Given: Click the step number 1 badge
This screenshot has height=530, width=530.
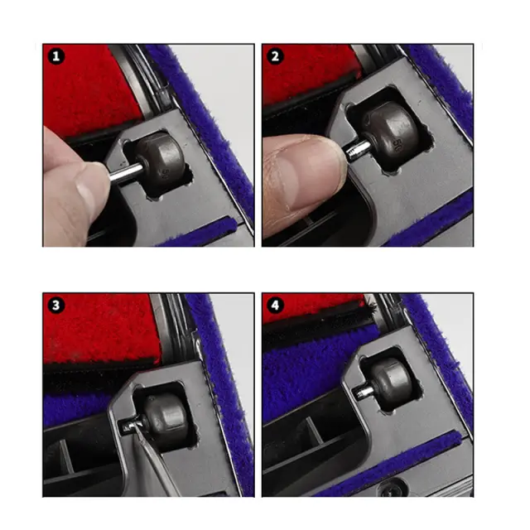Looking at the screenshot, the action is coord(56,56).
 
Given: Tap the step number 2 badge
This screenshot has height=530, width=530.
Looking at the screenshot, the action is coord(275,56).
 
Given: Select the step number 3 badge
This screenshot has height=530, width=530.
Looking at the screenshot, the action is coord(56,306).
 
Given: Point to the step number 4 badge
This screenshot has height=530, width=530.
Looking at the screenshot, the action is coord(275,306).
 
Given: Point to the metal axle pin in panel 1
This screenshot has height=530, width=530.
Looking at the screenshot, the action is coord(126,172).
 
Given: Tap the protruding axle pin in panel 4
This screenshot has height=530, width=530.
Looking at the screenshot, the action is coord(364,392).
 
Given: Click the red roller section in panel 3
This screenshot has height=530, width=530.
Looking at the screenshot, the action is coord(100,328).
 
